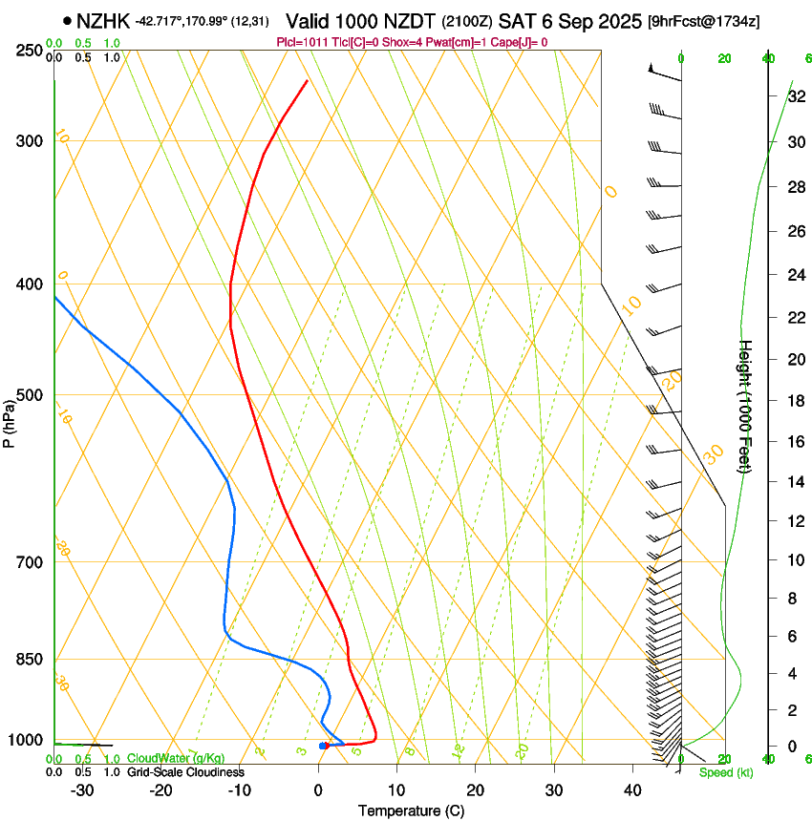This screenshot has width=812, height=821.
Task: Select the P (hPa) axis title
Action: [10, 420]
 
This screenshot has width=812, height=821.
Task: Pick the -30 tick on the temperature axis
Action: [82, 790]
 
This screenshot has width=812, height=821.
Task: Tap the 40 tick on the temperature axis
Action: [631, 790]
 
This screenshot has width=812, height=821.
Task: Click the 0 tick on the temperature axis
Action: [318, 790]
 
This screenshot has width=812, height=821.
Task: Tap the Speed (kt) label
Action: [726, 772]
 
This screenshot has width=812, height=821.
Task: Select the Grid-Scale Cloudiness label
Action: [185, 772]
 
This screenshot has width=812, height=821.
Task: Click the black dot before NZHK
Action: [67, 20]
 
